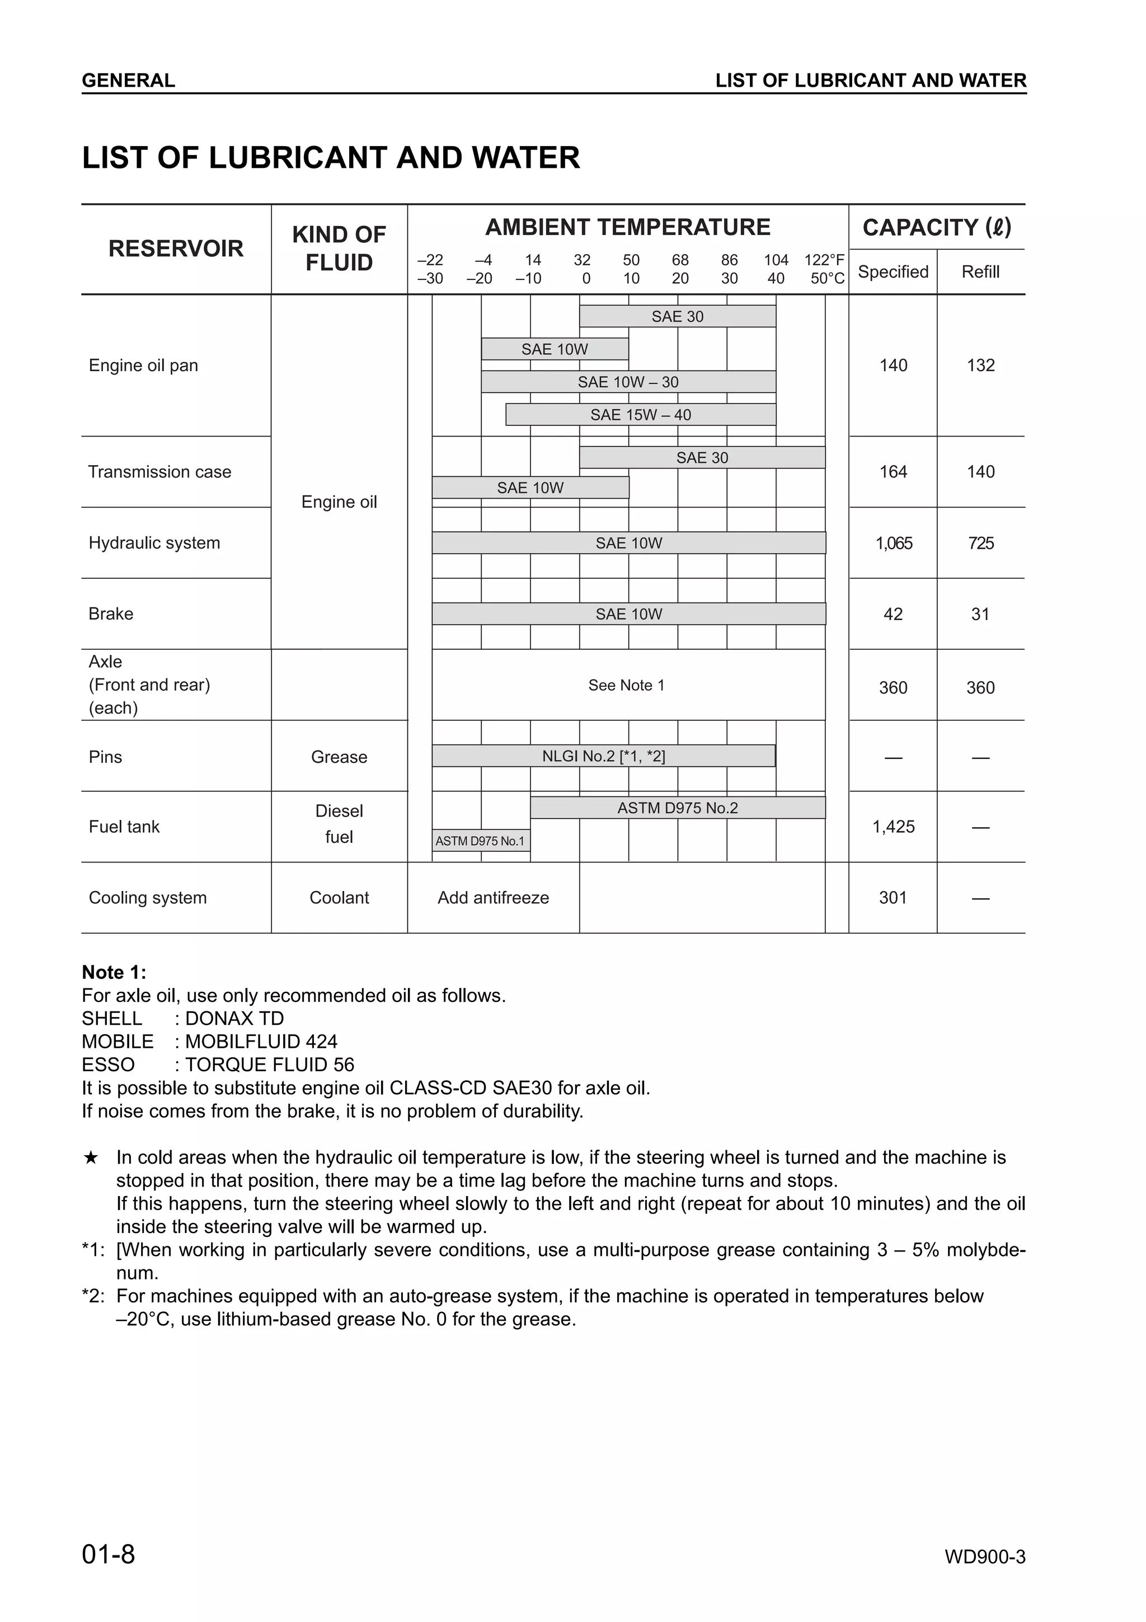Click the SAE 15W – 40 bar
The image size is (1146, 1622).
[x=641, y=415]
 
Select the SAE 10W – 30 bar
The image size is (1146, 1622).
[x=628, y=382]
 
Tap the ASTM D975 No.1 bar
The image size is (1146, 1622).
[x=480, y=841]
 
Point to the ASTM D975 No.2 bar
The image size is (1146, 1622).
[x=677, y=808]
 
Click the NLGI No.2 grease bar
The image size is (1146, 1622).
[x=603, y=756]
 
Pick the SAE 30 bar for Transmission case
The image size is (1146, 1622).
[x=701, y=458]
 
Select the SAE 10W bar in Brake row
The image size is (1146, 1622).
[x=628, y=614]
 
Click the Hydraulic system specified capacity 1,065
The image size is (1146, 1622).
[x=893, y=543]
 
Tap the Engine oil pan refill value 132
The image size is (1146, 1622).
[x=980, y=365]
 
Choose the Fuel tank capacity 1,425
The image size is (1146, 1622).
[x=893, y=827]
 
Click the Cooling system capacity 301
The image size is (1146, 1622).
[x=893, y=897]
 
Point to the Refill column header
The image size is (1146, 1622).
[x=980, y=272]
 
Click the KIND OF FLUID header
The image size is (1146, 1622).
[x=339, y=249]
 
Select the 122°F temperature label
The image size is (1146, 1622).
[x=824, y=260]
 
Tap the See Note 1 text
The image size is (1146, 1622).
[x=626, y=685]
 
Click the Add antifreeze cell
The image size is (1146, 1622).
[x=493, y=897]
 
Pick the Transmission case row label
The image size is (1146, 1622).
[x=159, y=472]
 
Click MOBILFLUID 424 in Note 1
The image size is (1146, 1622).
[x=261, y=1041]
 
